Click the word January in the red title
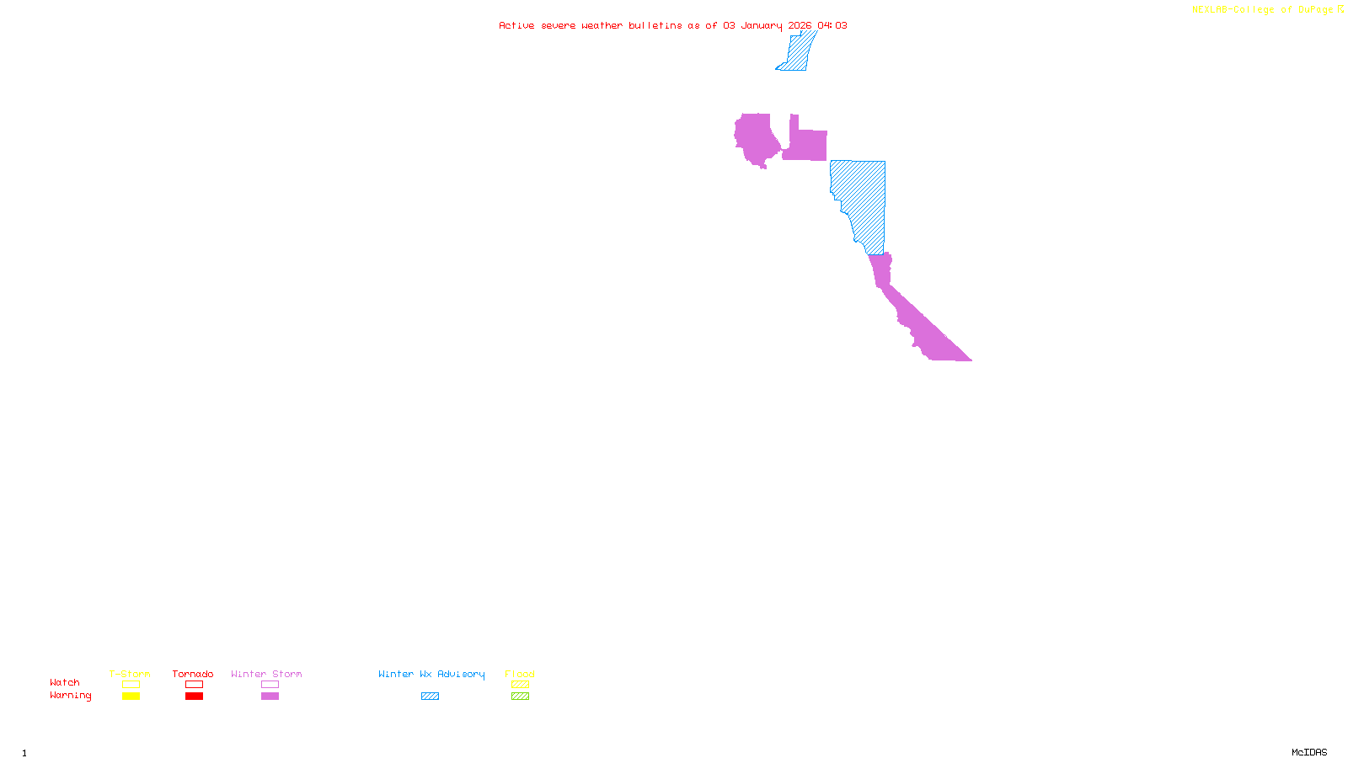pos(761,26)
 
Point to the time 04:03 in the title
pos(832,26)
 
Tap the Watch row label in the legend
pos(65,683)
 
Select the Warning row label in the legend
pos(71,696)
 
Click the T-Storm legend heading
pos(130,674)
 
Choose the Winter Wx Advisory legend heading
pos(431,674)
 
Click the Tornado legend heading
pos(193,674)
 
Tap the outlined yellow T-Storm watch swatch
pos(131,685)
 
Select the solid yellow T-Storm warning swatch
pos(131,697)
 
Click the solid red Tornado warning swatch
pos(195,697)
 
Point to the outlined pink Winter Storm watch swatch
pos(270,685)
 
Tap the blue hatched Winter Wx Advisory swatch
pos(430,697)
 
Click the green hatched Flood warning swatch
pos(520,697)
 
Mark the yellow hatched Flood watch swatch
pos(520,685)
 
